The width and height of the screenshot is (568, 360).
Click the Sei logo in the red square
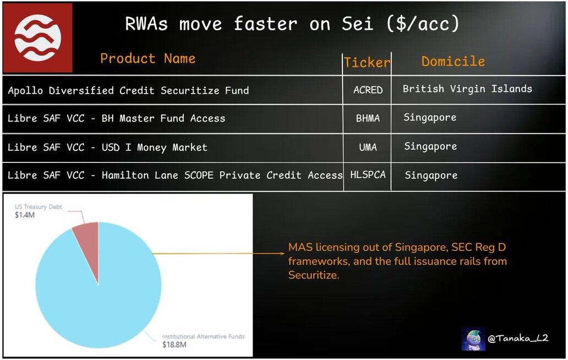pyautogui.click(x=37, y=38)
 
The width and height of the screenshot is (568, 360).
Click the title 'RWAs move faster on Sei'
pyautogui.click(x=249, y=24)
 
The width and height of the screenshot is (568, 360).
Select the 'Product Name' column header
pyautogui.click(x=148, y=58)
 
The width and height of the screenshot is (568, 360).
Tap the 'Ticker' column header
pyautogui.click(x=367, y=62)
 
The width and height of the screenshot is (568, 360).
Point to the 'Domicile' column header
pyautogui.click(x=453, y=61)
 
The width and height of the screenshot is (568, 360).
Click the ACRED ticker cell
pyautogui.click(x=368, y=90)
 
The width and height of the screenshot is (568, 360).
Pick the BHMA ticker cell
pyautogui.click(x=368, y=118)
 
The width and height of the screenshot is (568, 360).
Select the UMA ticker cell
pyautogui.click(x=368, y=147)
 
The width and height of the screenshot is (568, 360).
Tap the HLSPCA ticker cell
pyautogui.click(x=368, y=174)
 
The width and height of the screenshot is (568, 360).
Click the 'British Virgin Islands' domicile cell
pyautogui.click(x=467, y=89)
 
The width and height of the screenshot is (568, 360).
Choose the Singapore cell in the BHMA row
pyautogui.click(x=430, y=118)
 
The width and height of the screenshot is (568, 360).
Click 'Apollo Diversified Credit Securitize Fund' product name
pyautogui.click(x=128, y=90)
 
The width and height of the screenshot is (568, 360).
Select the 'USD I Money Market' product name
pyautogui.click(x=154, y=148)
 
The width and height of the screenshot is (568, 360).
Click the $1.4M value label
pyautogui.click(x=25, y=215)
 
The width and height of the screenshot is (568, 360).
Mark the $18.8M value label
pyautogui.click(x=174, y=345)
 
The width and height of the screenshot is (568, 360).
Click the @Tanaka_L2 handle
pyautogui.click(x=518, y=339)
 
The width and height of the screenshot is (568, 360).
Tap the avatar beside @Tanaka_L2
pyautogui.click(x=473, y=339)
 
